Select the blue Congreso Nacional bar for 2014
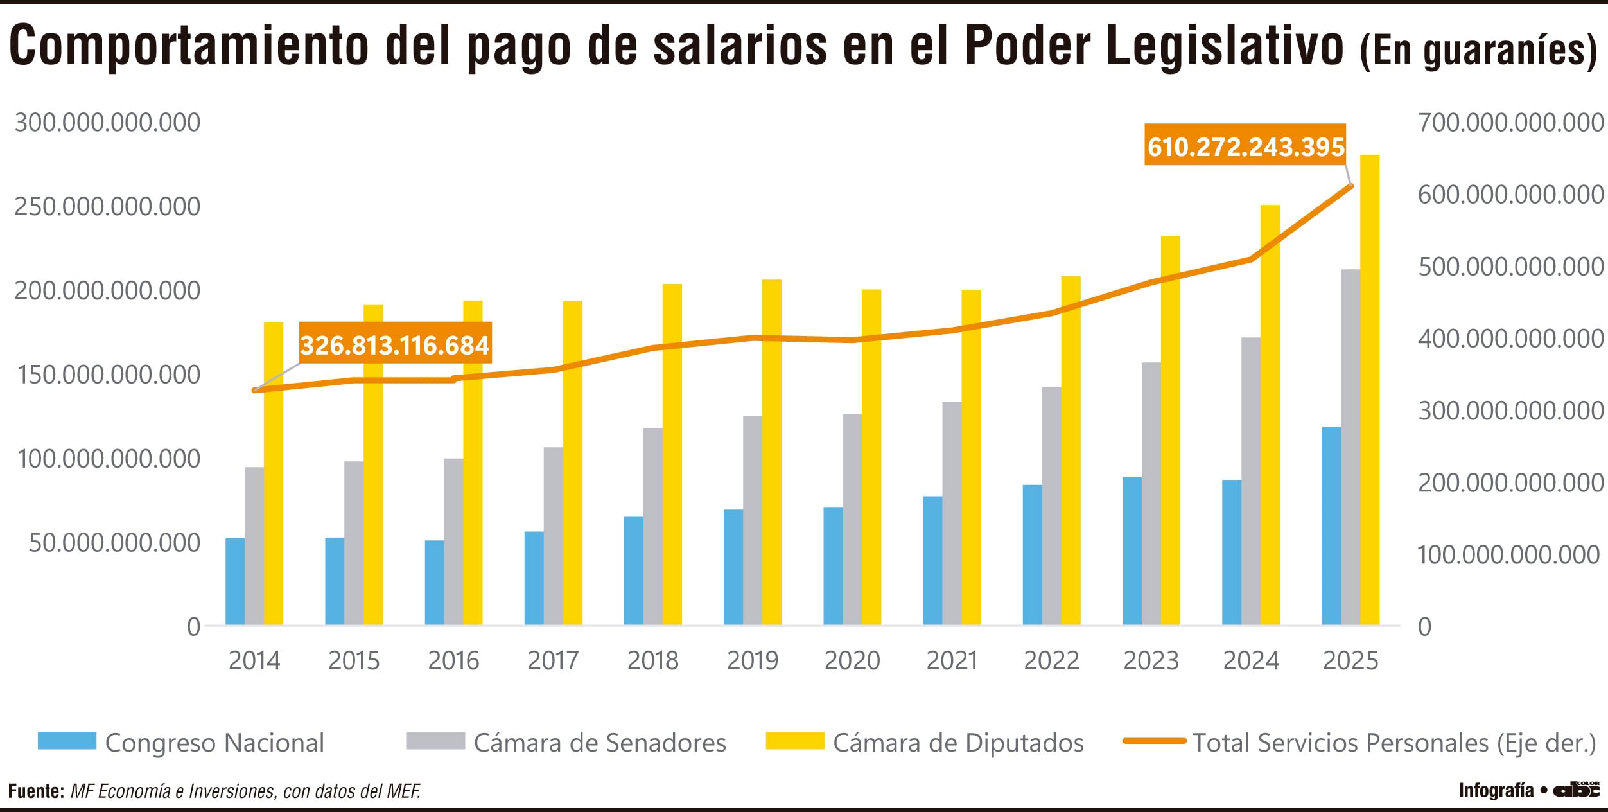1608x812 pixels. coord(235,582)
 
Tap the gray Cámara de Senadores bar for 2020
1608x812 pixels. coord(852,520)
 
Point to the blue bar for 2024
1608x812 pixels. coord(1231,552)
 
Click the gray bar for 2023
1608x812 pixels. coord(1151,495)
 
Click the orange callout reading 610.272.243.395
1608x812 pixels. coord(1245,147)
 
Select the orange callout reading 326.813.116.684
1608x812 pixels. coord(395,346)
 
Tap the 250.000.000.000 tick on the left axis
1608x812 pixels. coord(107,207)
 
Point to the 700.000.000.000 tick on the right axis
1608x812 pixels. coord(1510,123)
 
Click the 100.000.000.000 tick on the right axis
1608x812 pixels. coord(1508,555)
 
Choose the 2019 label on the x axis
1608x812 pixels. coord(752,661)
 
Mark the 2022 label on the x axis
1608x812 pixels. coord(1051,661)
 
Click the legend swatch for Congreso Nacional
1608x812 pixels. coord(67,741)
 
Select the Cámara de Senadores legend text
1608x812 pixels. coord(599,743)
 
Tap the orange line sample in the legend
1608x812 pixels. coord(1154,741)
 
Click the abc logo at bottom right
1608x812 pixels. coord(1577,790)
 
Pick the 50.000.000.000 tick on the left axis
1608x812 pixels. coord(114,543)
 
